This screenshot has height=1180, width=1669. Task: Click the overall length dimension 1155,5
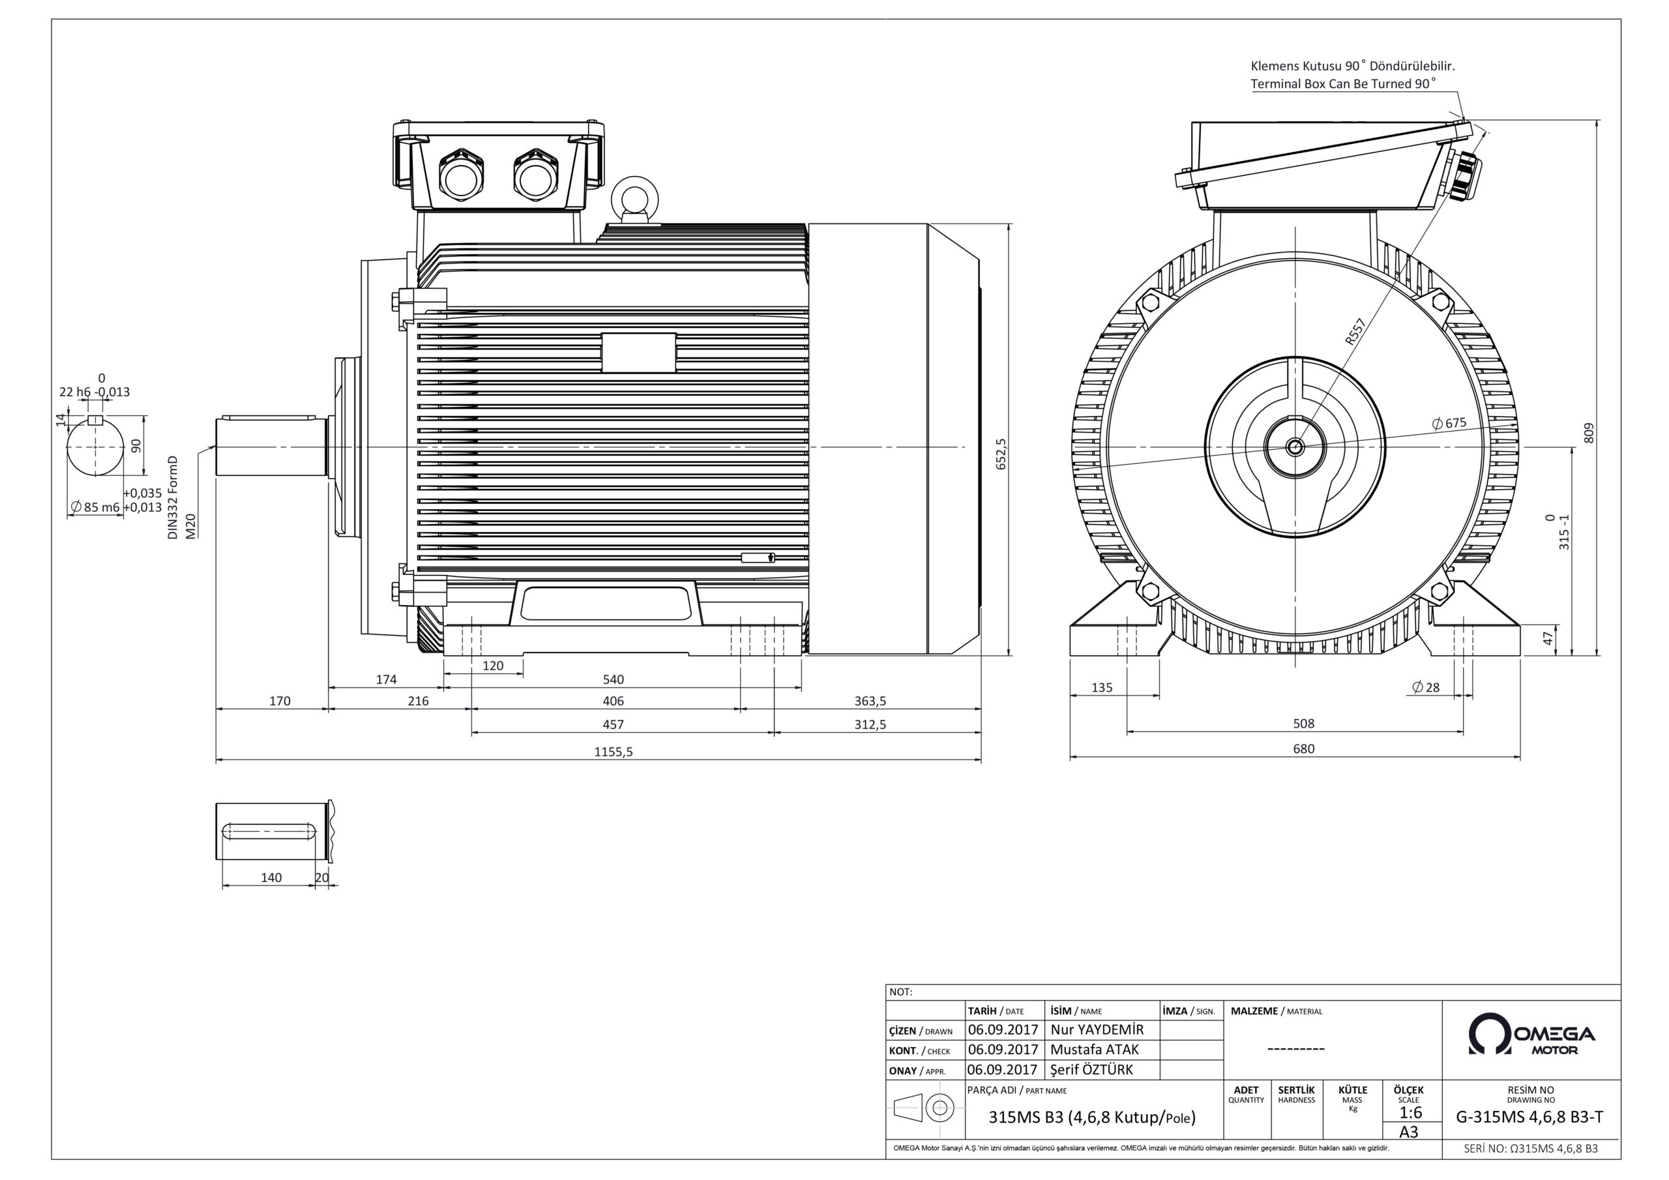(613, 752)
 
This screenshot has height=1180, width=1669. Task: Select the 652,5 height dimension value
(1001, 454)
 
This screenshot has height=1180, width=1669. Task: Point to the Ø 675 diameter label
(1449, 423)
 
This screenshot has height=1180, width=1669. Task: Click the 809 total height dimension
(1588, 434)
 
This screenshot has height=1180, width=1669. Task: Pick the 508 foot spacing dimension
(1303, 724)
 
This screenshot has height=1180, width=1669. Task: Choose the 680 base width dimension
(1303, 749)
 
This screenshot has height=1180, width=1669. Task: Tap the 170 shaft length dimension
(279, 701)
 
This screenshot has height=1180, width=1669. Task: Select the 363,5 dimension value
(870, 701)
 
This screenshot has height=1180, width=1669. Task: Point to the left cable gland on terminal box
(460, 175)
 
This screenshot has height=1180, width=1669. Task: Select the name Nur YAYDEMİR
(1097, 1029)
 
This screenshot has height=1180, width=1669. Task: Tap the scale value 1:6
(1410, 1113)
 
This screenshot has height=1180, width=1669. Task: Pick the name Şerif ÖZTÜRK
(1091, 1069)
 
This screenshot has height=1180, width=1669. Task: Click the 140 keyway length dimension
(271, 878)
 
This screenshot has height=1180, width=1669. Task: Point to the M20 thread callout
(190, 525)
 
